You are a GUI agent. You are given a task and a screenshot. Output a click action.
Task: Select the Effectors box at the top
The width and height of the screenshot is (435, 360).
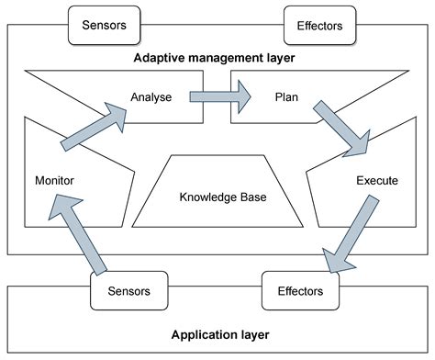click(320, 26)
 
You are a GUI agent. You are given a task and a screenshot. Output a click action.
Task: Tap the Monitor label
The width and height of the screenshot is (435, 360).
click(54, 181)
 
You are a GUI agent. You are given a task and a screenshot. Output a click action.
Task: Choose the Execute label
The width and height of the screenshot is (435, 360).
click(376, 181)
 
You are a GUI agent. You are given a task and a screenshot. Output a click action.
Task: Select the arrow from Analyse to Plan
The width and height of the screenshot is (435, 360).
click(220, 94)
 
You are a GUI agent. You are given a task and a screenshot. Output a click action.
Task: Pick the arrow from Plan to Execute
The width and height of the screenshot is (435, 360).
click(341, 127)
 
